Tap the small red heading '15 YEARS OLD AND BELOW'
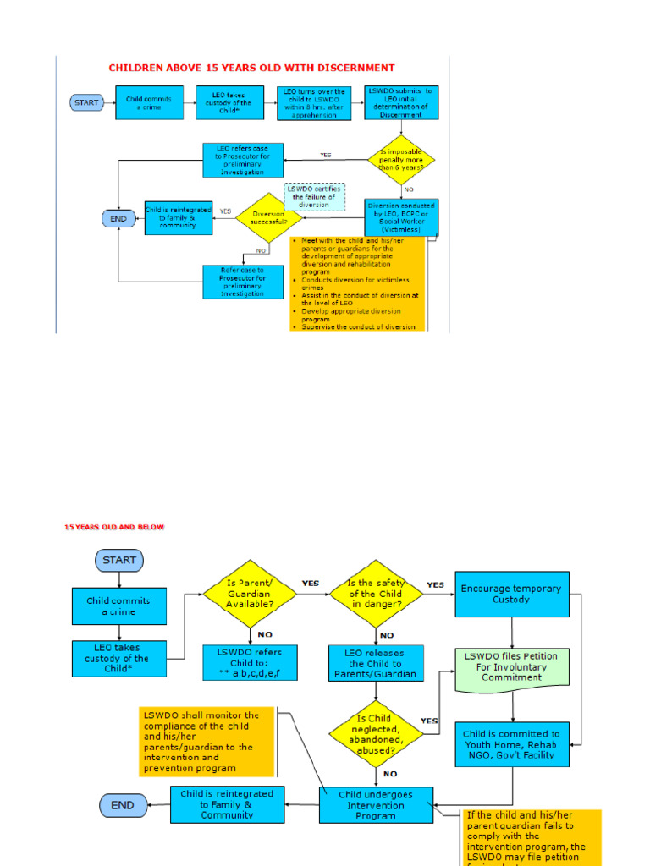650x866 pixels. (114, 527)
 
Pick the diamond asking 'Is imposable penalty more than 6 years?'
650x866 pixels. (402, 159)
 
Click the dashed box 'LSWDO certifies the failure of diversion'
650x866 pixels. (314, 196)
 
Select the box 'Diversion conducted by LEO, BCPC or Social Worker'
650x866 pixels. (400, 216)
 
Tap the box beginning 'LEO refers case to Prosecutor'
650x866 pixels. (243, 159)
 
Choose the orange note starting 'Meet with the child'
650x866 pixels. (356, 283)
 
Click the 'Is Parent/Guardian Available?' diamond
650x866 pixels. (250, 594)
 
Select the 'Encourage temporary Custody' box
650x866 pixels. (511, 594)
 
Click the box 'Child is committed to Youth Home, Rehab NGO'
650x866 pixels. (512, 744)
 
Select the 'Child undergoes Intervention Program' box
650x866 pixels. (376, 805)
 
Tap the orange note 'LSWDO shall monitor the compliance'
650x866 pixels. (207, 742)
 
